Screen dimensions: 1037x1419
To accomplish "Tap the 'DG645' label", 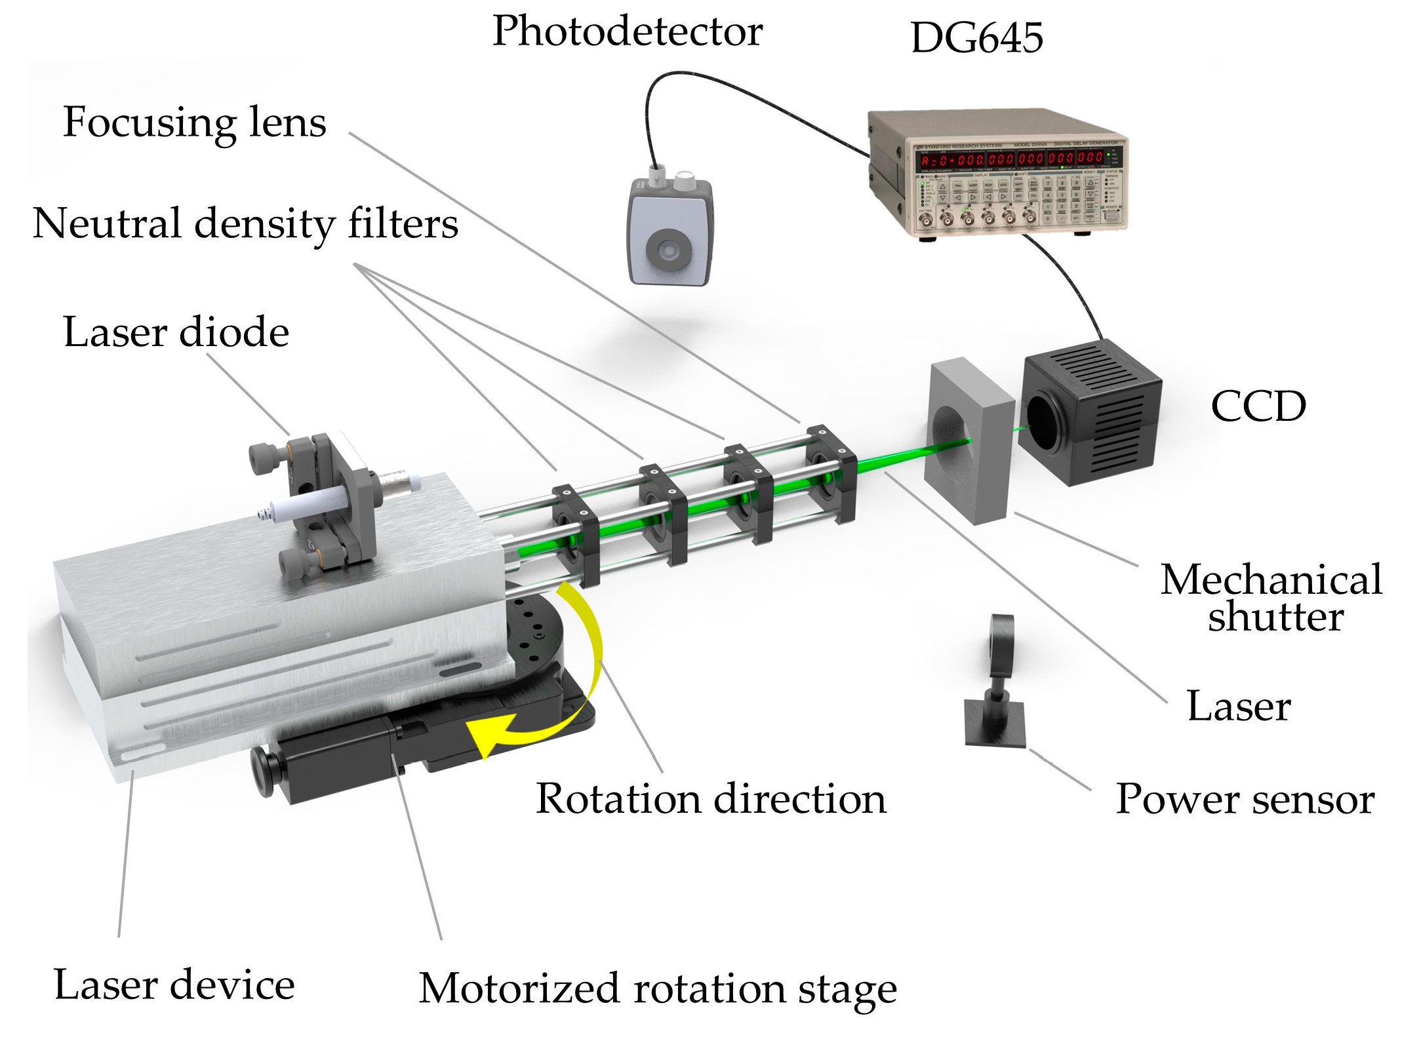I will (x=976, y=38).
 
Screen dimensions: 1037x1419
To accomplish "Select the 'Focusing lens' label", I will (x=194, y=123).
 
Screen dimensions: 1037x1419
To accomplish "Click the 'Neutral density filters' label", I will (x=245, y=224).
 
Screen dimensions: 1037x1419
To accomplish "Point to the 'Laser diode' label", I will (x=176, y=332).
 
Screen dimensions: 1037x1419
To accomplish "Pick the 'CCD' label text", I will (x=1258, y=406).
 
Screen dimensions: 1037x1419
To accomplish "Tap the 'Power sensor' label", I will (x=1245, y=800).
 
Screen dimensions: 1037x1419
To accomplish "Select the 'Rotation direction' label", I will (x=711, y=799).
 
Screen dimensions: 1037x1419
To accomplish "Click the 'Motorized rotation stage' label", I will (x=658, y=988).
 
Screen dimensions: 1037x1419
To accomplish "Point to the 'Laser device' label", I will (x=174, y=985).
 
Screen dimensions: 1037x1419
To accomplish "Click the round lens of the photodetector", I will (x=668, y=249).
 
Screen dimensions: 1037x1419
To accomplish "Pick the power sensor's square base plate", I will (x=994, y=724).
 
